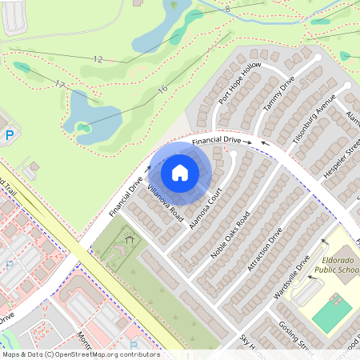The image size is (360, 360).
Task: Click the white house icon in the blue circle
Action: [180, 173]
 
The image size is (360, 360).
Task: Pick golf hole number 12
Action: [98, 59]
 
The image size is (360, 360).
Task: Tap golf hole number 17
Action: [59, 83]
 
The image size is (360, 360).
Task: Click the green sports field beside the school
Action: [332, 314]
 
